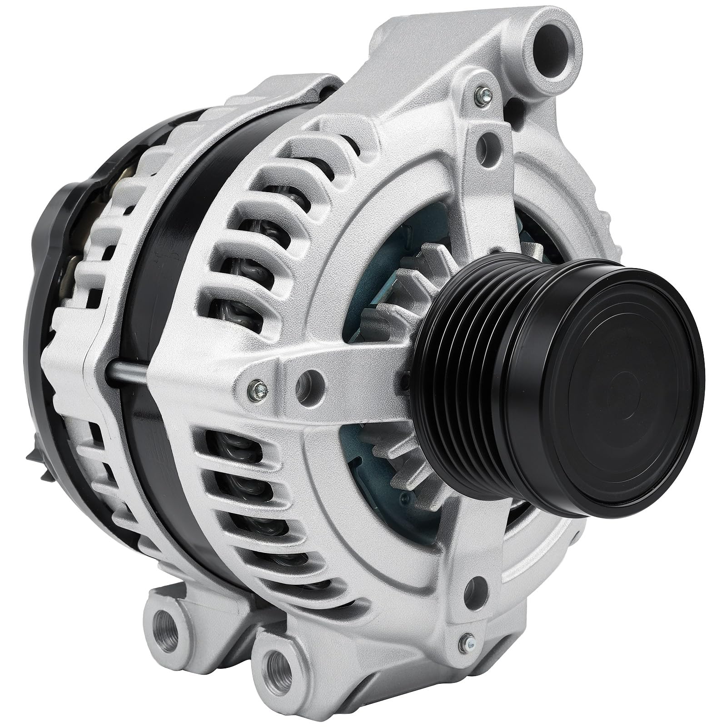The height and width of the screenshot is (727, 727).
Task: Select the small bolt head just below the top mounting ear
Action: point(479,96)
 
